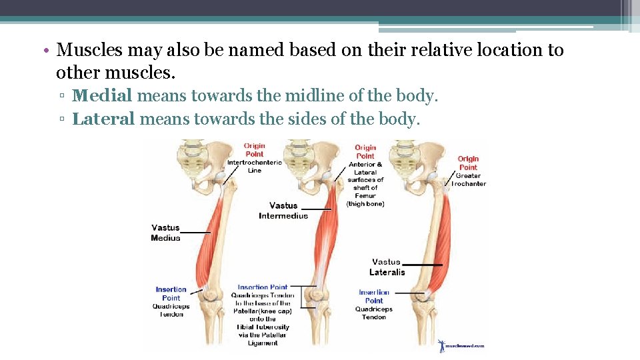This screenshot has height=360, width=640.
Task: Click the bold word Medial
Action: pos(102,96)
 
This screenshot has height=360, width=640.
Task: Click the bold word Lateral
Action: pos(103,119)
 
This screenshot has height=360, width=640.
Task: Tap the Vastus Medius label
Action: pos(165,233)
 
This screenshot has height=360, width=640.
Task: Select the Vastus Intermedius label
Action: pos(283,211)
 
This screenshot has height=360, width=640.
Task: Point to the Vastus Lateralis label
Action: pos(387,267)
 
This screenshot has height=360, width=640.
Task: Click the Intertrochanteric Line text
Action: pos(255,166)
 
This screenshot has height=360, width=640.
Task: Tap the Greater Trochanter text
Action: pos(469,180)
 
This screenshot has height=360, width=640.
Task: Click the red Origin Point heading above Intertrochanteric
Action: pos(254,150)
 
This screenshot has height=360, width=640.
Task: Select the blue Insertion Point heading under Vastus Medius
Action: pos(171,293)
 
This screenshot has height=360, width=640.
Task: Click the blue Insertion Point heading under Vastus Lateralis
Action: pos(374,296)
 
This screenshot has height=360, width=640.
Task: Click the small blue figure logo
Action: pos(441,345)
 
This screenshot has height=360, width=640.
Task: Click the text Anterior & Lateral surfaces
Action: pos(365,172)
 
